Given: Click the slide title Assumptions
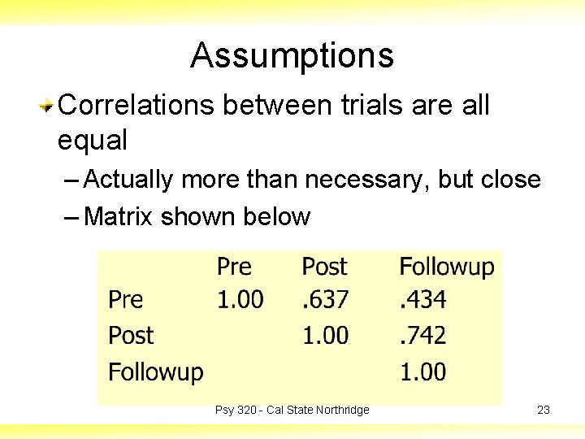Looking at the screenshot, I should [x=292, y=56].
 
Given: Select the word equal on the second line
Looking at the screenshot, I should [x=92, y=141].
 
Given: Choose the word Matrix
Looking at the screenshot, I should [x=119, y=217].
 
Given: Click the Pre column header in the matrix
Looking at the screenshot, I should [x=234, y=267].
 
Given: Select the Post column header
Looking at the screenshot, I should [x=324, y=267].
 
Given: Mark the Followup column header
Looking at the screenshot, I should [x=446, y=267].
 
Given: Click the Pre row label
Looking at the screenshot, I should [x=125, y=300].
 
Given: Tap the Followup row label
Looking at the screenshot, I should [x=155, y=372].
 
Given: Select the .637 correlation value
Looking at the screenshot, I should [x=325, y=300].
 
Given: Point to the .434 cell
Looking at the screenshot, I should [x=422, y=300].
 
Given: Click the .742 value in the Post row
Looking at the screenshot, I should [x=422, y=336].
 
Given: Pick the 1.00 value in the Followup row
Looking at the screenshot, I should [x=422, y=372].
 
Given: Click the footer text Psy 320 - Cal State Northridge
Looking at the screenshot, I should [x=292, y=410].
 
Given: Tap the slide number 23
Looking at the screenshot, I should [x=544, y=410].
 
